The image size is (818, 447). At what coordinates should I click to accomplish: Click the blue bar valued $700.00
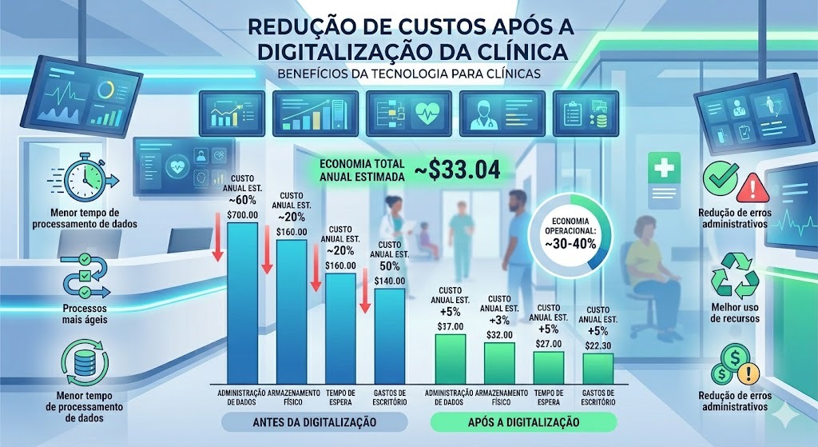click(x=243, y=303)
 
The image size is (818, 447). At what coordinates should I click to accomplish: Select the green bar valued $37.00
click(x=451, y=359)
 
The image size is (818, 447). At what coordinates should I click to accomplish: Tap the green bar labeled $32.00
click(x=499, y=364)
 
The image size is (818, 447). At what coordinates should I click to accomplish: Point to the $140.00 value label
click(x=390, y=281)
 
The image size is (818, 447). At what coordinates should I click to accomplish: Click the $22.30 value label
click(x=598, y=345)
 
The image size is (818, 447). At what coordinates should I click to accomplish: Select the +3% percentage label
click(x=499, y=321)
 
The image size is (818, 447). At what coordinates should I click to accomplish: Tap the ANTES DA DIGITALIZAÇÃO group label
click(x=314, y=422)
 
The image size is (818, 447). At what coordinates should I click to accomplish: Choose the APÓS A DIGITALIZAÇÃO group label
click(x=523, y=422)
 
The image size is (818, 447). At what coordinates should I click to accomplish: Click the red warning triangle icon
click(x=752, y=188)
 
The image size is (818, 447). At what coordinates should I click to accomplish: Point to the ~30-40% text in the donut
click(x=570, y=244)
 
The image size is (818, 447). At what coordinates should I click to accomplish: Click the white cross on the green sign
click(x=664, y=168)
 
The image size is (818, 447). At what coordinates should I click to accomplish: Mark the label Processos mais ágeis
click(x=85, y=313)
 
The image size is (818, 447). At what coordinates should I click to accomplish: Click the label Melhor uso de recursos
click(x=735, y=313)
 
